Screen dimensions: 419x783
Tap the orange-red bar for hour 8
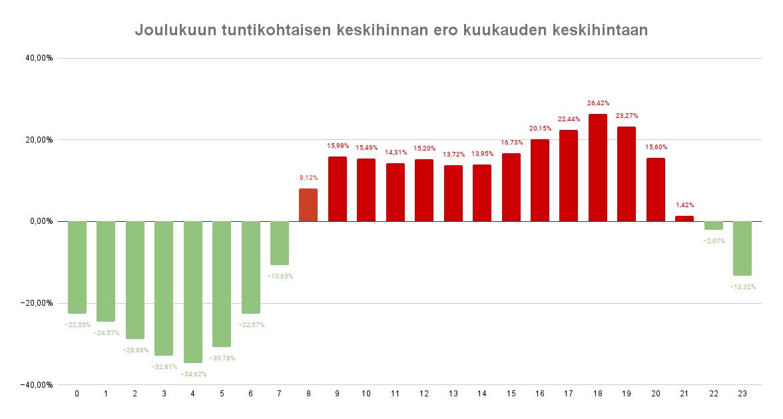[308, 205]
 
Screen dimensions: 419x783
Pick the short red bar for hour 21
[684, 218]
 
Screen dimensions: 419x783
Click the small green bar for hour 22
[714, 225]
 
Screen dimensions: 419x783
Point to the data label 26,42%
[598, 103]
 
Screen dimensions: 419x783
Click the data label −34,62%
[193, 374]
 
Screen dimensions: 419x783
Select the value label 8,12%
[308, 178]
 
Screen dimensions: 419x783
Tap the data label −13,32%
[742, 286]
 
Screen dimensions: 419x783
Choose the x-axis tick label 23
[742, 394]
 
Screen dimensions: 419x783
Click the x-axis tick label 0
[77, 394]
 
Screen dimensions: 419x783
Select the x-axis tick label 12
[424, 394]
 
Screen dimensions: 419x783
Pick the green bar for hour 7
[280, 243]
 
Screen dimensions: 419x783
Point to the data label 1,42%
[684, 205]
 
